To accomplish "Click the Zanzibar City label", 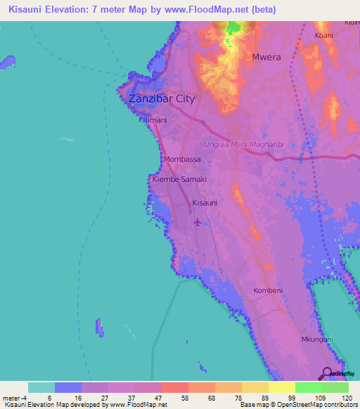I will [x=161, y=99].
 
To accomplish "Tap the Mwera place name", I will [x=266, y=58].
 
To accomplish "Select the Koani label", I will [x=324, y=34].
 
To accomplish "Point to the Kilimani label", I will [x=153, y=120].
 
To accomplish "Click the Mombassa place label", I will [x=182, y=160].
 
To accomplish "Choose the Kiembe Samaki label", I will [x=179, y=180].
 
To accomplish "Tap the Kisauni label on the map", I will [x=205, y=203].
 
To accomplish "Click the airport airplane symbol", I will [x=198, y=222].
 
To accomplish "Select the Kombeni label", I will [x=268, y=290].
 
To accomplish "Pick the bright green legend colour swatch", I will [x=308, y=387].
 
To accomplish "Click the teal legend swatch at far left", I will [x=41, y=387].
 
